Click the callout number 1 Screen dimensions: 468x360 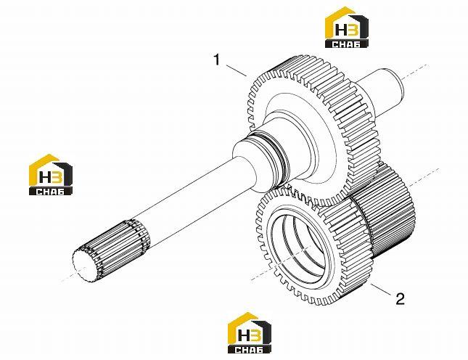217,60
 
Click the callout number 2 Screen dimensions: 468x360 400,298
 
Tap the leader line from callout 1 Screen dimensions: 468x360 237,70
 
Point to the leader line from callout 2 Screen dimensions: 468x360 381,290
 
